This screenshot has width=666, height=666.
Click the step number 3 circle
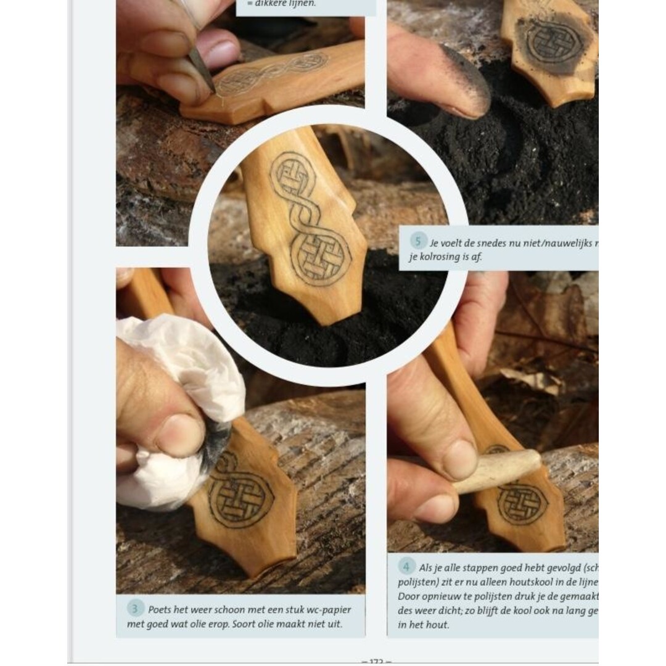135,609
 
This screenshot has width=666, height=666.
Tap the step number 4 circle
406,566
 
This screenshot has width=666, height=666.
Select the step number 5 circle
418,242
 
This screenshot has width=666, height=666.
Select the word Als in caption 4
425,567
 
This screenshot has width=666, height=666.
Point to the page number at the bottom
376,661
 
